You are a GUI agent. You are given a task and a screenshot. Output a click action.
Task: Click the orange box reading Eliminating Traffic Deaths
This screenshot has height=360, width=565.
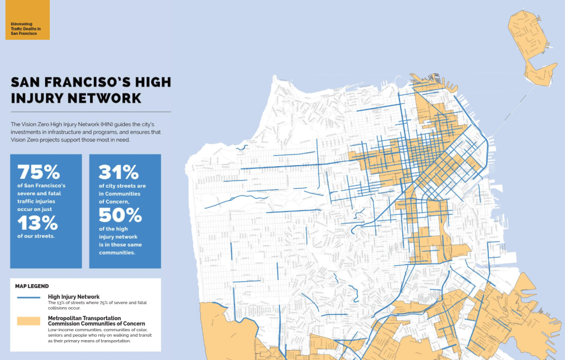coord(28,20)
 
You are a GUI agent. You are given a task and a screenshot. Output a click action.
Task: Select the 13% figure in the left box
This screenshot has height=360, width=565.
coord(37,223)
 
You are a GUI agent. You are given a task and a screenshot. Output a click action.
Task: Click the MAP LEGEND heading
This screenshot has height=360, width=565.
coord(33,286)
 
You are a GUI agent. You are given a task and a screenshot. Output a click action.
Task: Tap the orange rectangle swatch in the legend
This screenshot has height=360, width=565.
coord(28,321)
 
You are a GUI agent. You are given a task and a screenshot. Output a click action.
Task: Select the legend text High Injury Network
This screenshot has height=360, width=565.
coord(73,297)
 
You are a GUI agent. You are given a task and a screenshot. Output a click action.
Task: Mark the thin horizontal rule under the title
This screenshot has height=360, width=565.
coord(91,112)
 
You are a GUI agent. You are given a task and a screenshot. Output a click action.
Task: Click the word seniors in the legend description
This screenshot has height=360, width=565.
coord(60,335)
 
